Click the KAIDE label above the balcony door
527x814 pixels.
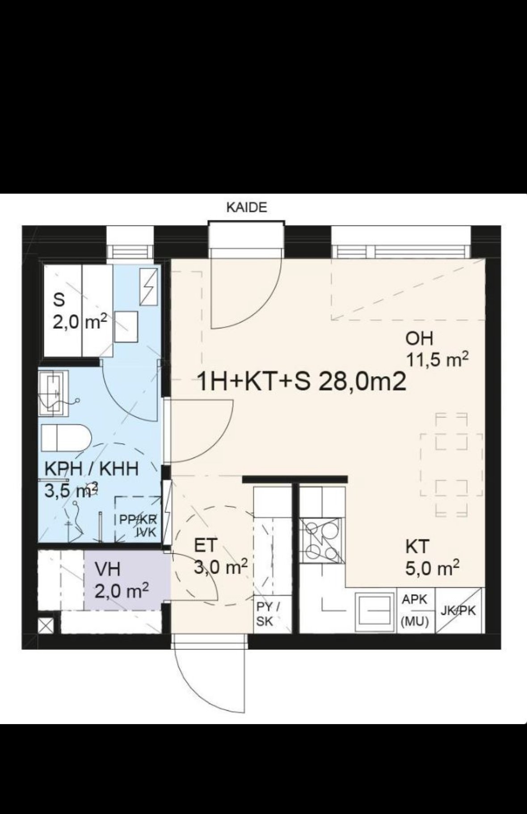[246, 208]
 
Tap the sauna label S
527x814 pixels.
[59, 300]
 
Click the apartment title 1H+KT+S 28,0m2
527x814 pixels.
[302, 382]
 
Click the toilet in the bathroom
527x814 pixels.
[66, 438]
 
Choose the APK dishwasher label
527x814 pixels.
[415, 599]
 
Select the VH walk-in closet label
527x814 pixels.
[108, 569]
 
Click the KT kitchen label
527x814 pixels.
[417, 547]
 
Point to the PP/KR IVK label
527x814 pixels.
[138, 525]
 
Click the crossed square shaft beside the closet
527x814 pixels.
[46, 625]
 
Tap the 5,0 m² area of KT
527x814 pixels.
[432, 568]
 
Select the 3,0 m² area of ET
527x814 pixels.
[220, 568]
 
